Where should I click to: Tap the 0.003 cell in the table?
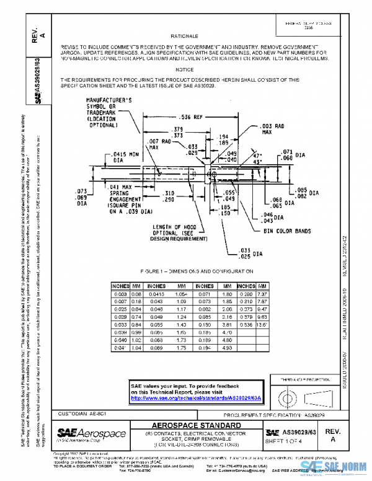point(121,293)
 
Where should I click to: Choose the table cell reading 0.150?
point(205,323)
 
